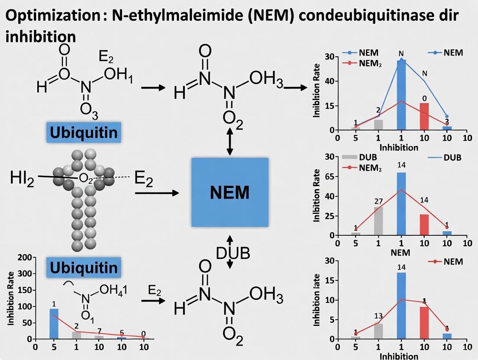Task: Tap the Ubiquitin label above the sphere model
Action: pos(84,132)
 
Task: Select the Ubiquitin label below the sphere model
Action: pos(84,267)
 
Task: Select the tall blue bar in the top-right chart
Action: pos(401,95)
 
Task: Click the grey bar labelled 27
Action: pos(378,221)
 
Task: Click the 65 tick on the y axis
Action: pos(329,177)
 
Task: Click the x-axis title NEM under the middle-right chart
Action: pos(400,252)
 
